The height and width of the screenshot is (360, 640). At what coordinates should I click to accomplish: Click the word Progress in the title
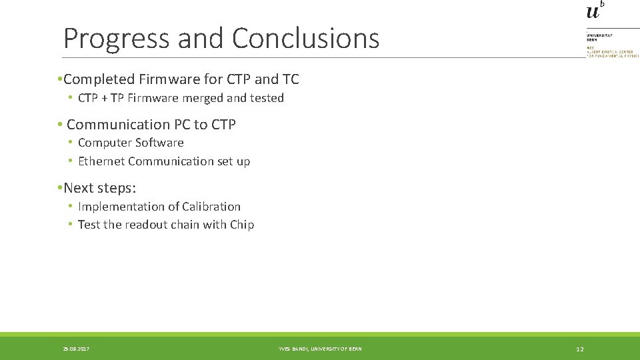point(117,39)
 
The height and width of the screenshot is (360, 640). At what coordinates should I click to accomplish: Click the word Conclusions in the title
point(305,39)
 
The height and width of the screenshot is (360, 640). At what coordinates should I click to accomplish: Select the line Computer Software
point(131,143)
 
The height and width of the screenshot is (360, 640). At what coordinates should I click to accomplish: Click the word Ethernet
point(101,161)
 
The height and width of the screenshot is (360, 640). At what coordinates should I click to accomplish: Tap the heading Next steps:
point(99,188)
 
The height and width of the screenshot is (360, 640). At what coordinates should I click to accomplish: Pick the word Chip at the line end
point(242,225)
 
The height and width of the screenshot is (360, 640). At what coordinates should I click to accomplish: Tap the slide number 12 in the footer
point(580,349)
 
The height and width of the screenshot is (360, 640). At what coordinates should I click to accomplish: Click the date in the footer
point(76,349)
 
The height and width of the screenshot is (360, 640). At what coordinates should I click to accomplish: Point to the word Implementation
point(118,207)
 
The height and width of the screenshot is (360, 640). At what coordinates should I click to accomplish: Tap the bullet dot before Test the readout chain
point(70,225)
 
